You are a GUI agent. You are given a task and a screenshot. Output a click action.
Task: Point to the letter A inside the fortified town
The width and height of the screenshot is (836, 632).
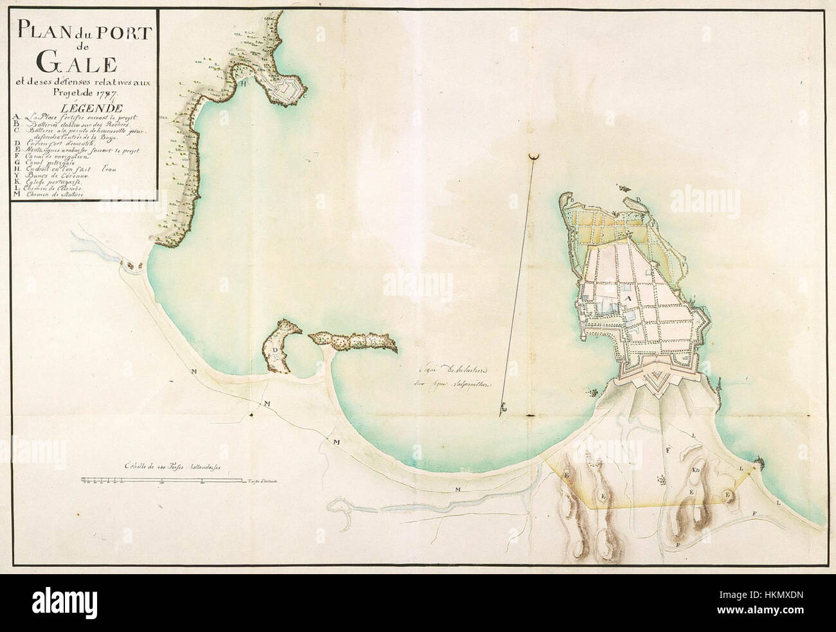[627, 299]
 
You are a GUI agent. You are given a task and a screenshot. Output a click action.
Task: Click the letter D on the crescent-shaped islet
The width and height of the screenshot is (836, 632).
[275, 349]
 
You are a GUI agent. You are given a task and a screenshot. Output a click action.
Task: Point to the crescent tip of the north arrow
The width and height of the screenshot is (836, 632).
[532, 156]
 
